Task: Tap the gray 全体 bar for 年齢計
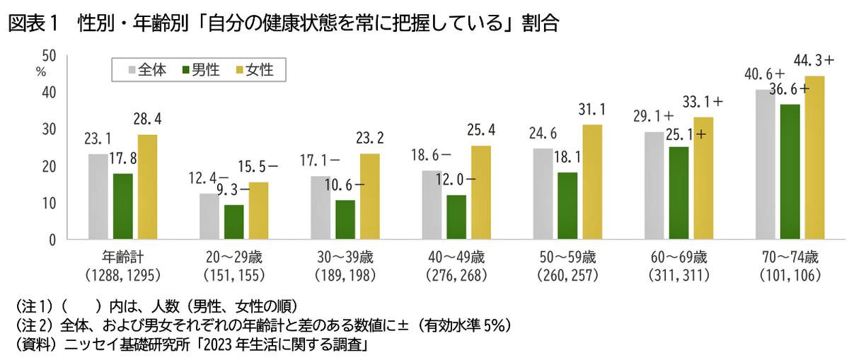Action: pos(98,197)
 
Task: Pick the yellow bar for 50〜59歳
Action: pos(592,182)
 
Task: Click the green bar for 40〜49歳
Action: pos(456,217)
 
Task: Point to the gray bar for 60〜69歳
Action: pos(654,185)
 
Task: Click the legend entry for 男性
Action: pos(201,70)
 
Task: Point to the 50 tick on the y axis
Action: pos(50,55)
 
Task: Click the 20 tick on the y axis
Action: pos(50,166)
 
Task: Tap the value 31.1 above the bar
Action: pos(592,110)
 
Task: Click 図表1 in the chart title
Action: pos(29,23)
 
